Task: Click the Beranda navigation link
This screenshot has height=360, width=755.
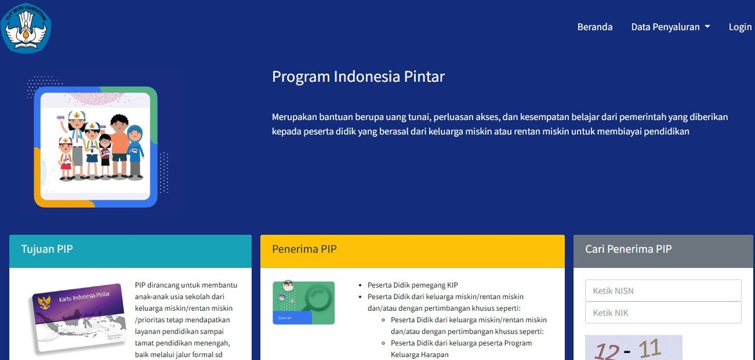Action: pyautogui.click(x=595, y=27)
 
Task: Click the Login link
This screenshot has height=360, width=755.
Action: pyautogui.click(x=740, y=27)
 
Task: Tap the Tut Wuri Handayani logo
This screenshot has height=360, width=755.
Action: pyautogui.click(x=26, y=26)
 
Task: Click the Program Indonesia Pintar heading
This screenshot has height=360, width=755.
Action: pyautogui.click(x=358, y=77)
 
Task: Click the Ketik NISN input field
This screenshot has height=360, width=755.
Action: pyautogui.click(x=663, y=291)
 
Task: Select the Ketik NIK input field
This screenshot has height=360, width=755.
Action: pyautogui.click(x=663, y=313)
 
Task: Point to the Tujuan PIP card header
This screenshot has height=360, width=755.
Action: pyautogui.click(x=130, y=249)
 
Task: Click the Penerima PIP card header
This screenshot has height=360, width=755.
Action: pyautogui.click(x=412, y=250)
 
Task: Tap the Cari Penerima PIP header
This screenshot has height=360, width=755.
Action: pyautogui.click(x=663, y=249)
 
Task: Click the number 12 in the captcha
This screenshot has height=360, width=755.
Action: pyautogui.click(x=605, y=351)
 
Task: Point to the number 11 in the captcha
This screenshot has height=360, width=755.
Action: pyautogui.click(x=649, y=347)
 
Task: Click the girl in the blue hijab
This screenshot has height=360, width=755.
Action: pyautogui.click(x=135, y=151)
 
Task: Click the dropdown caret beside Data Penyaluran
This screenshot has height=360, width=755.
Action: pyautogui.click(x=707, y=27)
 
